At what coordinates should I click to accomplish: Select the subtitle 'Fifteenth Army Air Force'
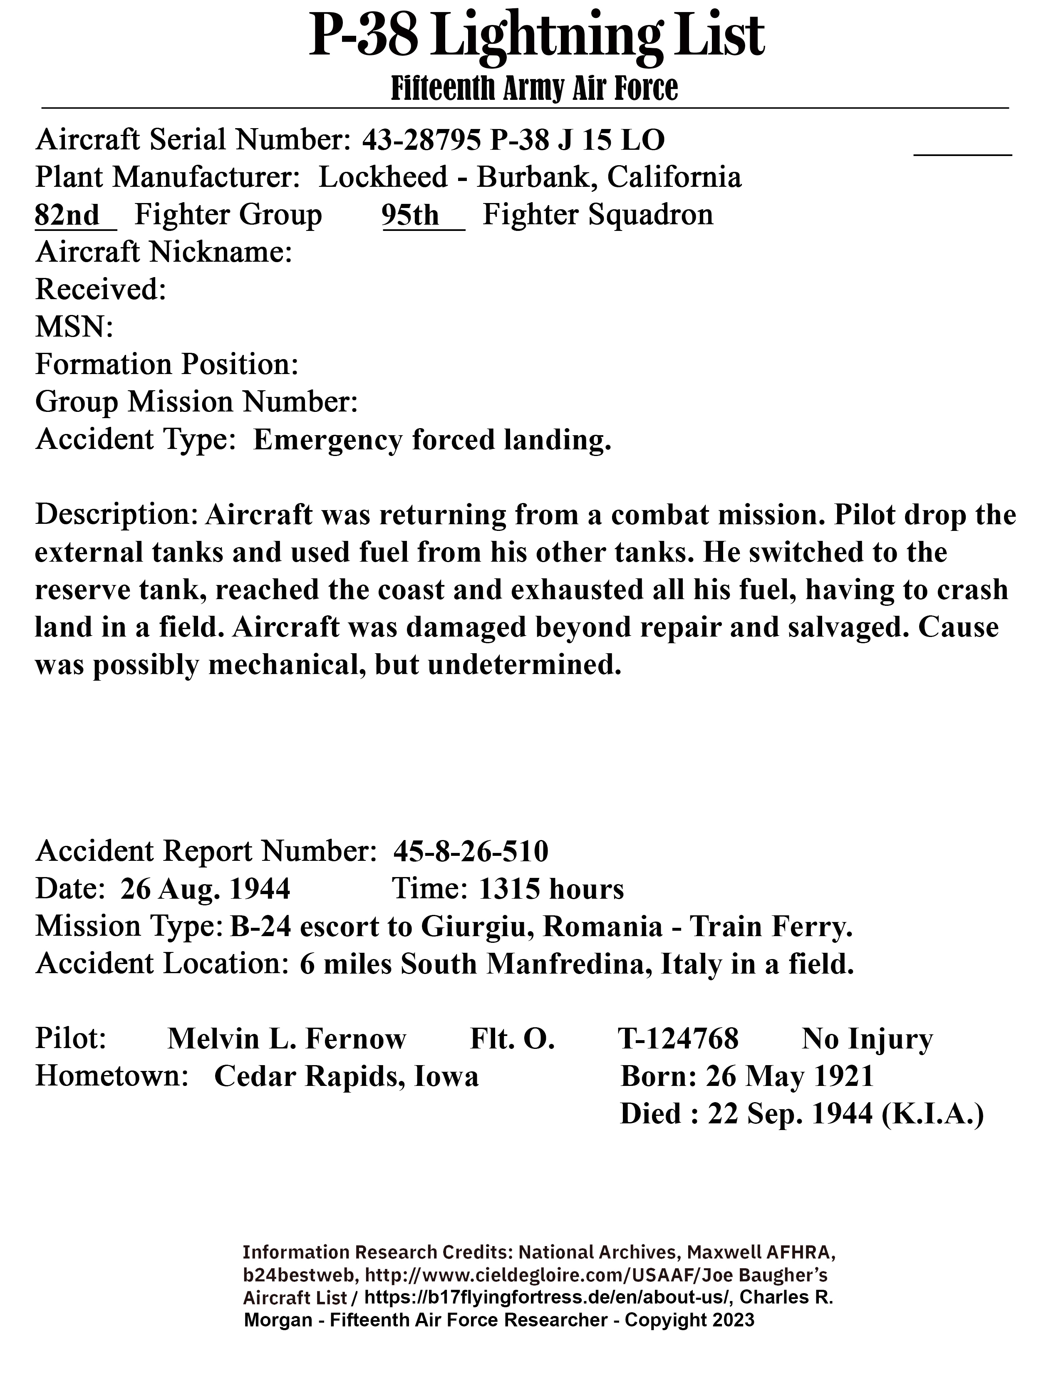534,89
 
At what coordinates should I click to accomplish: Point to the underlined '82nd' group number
67,216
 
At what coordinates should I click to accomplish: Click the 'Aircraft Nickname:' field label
164,253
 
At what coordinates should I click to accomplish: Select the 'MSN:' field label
74,327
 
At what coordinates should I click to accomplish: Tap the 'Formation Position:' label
166,364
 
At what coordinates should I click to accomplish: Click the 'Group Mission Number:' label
196,402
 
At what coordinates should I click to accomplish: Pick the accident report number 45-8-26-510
471,852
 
